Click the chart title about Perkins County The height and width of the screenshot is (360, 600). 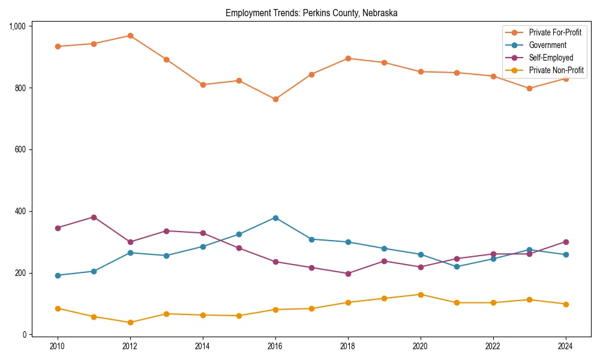(311, 13)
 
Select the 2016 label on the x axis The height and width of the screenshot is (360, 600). (275, 346)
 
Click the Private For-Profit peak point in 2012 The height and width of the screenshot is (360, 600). (130, 35)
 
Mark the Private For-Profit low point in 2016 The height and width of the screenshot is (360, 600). (275, 99)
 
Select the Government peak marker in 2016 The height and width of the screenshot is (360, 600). (275, 218)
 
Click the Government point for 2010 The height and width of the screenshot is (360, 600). (58, 275)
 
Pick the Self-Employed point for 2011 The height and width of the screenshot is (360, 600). (94, 217)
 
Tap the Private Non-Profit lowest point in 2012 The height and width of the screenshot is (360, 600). (130, 322)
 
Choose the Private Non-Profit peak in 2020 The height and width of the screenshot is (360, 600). (421, 295)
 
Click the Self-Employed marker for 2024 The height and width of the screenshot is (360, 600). (565, 242)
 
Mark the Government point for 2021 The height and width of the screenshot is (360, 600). (457, 266)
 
